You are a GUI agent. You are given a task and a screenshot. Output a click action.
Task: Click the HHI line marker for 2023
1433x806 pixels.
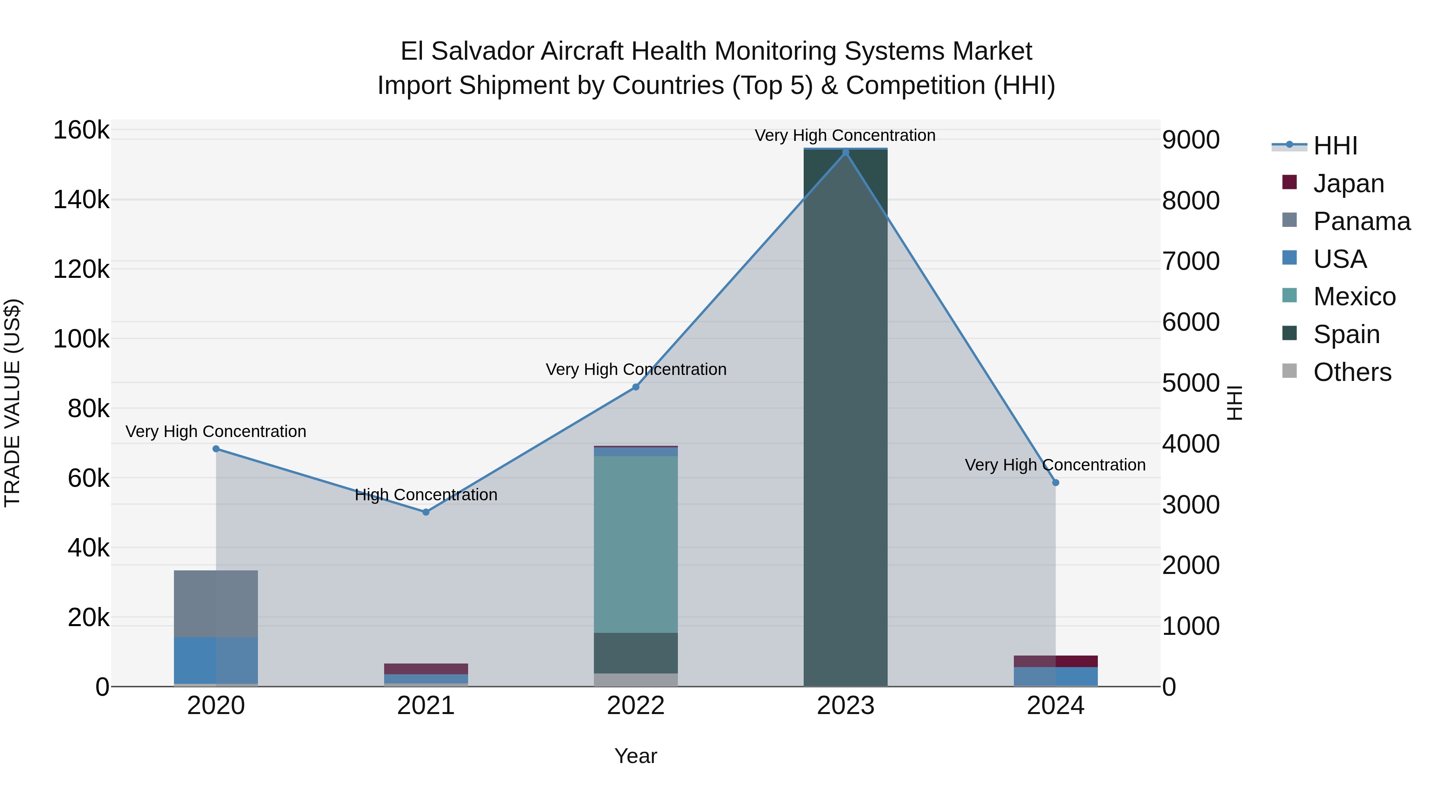[845, 152]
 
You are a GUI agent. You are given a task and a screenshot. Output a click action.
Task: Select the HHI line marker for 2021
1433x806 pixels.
[426, 512]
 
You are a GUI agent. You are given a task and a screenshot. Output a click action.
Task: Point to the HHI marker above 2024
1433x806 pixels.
[1055, 482]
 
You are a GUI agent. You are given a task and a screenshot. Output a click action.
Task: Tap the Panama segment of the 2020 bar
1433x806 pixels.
[216, 603]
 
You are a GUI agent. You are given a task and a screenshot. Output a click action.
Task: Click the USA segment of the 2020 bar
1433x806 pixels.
[216, 660]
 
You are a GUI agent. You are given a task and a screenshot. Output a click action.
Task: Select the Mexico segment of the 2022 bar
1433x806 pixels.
[636, 544]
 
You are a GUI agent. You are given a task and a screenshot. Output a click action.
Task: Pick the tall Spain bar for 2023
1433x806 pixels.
[845, 417]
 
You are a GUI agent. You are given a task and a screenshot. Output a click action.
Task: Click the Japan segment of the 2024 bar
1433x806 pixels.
[1055, 662]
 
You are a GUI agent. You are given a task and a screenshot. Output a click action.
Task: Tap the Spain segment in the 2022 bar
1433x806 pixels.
[636, 653]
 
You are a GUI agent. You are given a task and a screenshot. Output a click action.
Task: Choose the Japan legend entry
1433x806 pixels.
[1349, 183]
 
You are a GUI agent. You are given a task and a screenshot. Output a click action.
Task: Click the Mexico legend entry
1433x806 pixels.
[1354, 297]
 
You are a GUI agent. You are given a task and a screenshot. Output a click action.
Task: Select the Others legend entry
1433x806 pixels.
[1352, 372]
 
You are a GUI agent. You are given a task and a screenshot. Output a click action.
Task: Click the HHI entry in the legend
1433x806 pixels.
[1335, 146]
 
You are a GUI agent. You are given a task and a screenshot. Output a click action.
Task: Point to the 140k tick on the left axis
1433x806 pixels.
[81, 200]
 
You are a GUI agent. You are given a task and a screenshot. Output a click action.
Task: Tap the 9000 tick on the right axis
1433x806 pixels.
[1191, 140]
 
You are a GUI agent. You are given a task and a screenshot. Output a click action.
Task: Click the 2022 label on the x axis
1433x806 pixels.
[636, 706]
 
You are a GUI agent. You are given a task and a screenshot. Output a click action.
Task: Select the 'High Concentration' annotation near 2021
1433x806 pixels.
[426, 494]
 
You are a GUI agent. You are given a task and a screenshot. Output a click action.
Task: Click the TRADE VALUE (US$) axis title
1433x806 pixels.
[12, 403]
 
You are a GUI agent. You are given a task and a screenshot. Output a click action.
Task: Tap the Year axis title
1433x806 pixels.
[636, 756]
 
